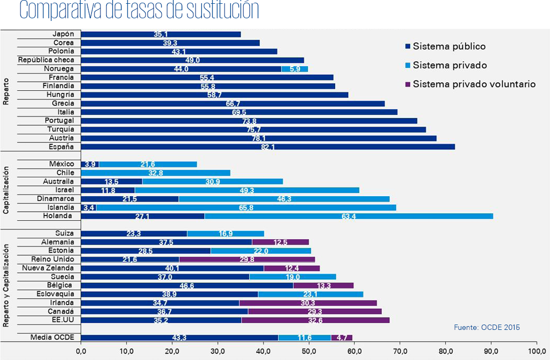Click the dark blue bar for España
tap(267, 147)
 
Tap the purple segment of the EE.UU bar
tap(315, 320)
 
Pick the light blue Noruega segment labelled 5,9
tap(294, 69)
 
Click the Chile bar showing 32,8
tap(156, 173)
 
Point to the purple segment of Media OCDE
tap(342, 337)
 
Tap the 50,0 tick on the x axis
tap(309, 351)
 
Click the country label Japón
tap(63, 34)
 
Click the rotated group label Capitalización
tap(6, 190)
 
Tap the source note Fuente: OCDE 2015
tap(487, 327)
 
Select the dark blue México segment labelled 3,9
tap(90, 164)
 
